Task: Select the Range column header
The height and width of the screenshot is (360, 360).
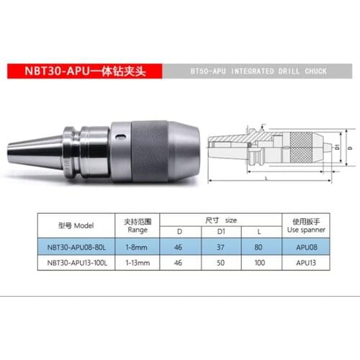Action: [x=138, y=225]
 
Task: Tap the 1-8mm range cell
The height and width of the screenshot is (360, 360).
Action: [x=138, y=246]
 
